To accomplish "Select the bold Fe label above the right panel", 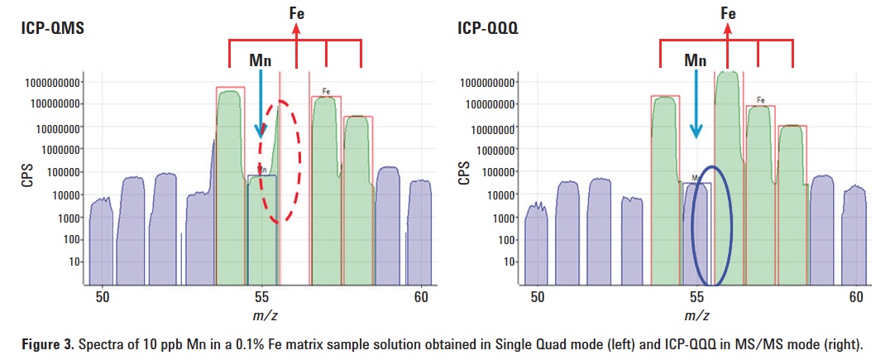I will click(728, 13).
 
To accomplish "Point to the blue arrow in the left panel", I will click(261, 103).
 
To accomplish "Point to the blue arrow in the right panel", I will click(696, 103).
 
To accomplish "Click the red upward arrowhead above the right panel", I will click(728, 30).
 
